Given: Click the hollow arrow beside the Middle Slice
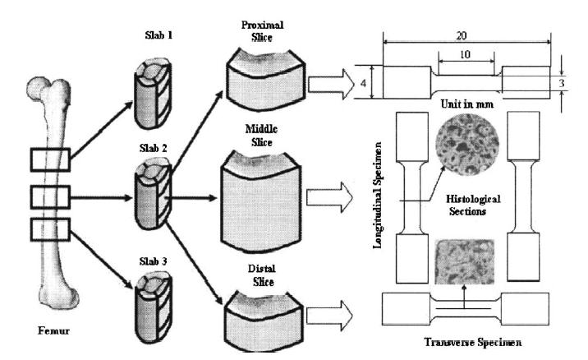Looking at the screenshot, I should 325,199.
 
